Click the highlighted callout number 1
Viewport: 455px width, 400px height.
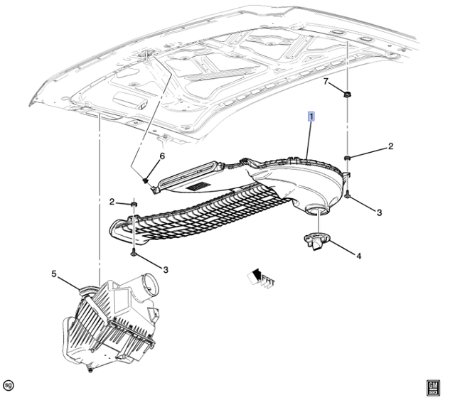pos(311,117)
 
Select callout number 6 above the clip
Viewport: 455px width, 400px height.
pos(161,156)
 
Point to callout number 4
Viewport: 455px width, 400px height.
pos(358,256)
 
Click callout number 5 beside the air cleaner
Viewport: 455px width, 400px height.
pos(53,272)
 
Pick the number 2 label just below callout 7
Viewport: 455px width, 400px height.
pos(390,147)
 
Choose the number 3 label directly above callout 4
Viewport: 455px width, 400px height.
pos(380,212)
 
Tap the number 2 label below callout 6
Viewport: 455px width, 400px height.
pos(112,202)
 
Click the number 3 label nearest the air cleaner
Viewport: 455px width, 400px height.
pos(165,269)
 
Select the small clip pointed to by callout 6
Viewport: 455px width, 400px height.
pos(146,180)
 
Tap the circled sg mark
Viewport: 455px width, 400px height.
pos(9,385)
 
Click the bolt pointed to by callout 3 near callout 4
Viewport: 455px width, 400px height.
pos(346,195)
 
